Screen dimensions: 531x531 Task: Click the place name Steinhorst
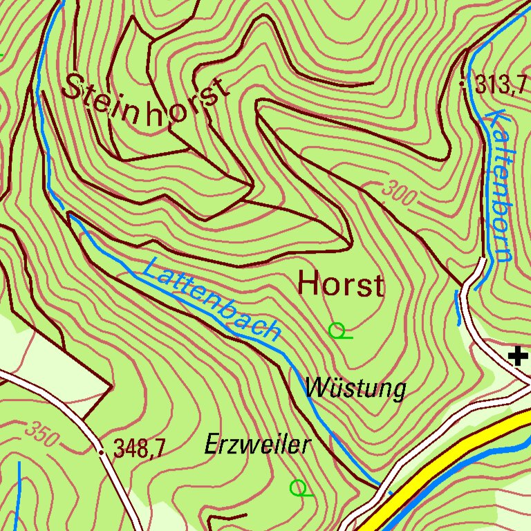pyautogui.click(x=145, y=101)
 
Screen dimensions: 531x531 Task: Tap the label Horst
pyautogui.click(x=340, y=284)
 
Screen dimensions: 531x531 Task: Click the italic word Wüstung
pyautogui.click(x=355, y=389)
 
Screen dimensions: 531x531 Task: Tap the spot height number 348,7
pyautogui.click(x=139, y=450)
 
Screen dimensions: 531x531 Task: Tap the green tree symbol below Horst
pyautogui.click(x=338, y=331)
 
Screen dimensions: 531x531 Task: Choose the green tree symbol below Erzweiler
pyautogui.click(x=299, y=488)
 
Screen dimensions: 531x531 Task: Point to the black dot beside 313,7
pyautogui.click(x=463, y=84)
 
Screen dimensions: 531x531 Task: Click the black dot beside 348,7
pyautogui.click(x=102, y=452)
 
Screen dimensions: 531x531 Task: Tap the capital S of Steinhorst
pyautogui.click(x=77, y=87)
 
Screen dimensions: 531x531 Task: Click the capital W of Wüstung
pyautogui.click(x=318, y=388)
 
